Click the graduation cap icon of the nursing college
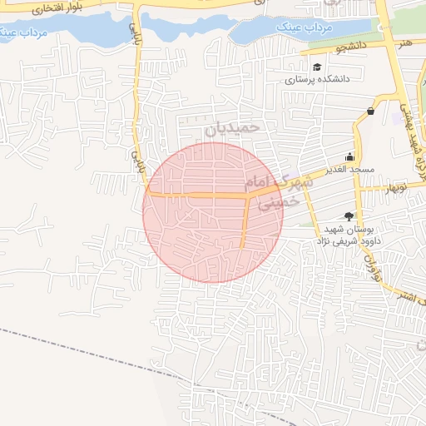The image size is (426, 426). (316, 67)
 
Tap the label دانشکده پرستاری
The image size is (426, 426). (317, 81)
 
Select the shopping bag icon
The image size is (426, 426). (369, 111)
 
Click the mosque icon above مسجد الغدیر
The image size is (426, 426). (351, 156)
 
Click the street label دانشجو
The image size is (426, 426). (352, 48)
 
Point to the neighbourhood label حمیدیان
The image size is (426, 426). (233, 128)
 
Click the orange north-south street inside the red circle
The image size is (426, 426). (245, 221)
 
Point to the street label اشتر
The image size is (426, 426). (408, 297)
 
